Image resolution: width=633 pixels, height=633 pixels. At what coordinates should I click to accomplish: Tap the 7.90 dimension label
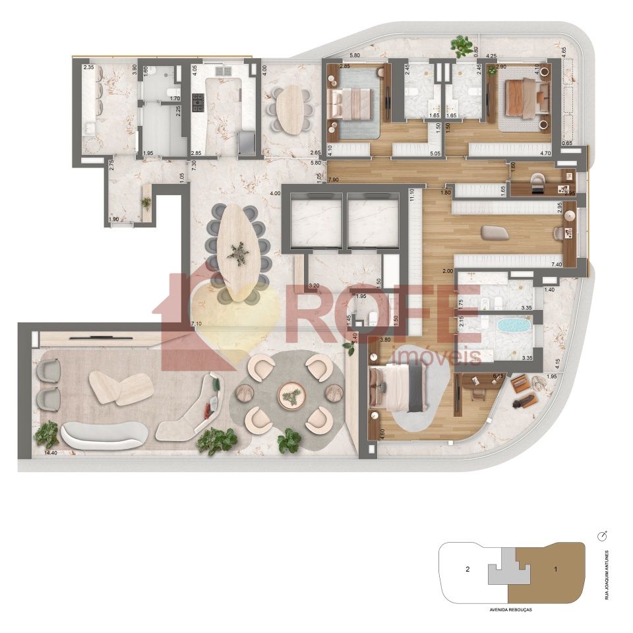point(333,179)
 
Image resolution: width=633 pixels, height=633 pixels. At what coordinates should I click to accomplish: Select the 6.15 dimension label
point(498,376)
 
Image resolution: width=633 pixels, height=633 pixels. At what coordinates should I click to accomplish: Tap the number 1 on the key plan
point(556,568)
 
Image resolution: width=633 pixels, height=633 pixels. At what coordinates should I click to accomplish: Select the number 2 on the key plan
point(467,568)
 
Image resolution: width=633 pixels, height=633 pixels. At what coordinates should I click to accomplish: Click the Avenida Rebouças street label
point(511,610)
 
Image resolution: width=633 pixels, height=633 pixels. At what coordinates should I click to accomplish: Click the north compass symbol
point(601,535)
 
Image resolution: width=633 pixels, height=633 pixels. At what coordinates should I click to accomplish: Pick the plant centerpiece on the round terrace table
point(290,396)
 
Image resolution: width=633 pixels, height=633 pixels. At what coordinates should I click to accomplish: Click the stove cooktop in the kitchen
point(198,102)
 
